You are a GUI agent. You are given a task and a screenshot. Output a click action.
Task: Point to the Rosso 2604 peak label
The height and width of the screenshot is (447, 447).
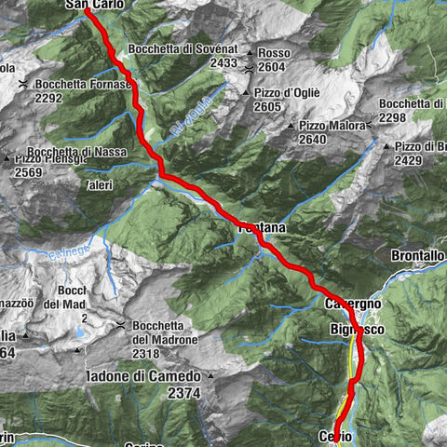[272, 60]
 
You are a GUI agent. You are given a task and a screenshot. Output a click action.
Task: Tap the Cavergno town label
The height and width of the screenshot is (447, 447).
[354, 305]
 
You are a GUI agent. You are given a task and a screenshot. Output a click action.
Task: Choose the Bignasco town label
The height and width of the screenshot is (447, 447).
[357, 331]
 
